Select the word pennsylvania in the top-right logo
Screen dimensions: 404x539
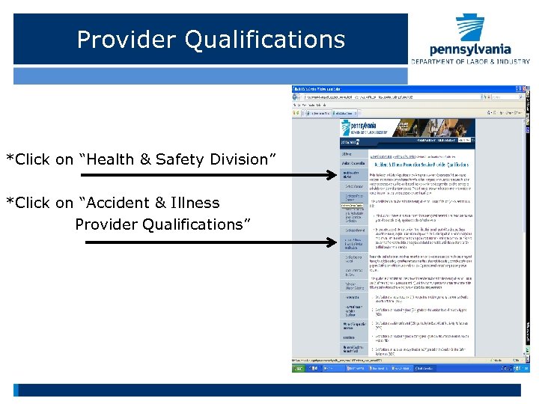[x=470, y=49]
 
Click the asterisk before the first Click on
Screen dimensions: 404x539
[x=10, y=159]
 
